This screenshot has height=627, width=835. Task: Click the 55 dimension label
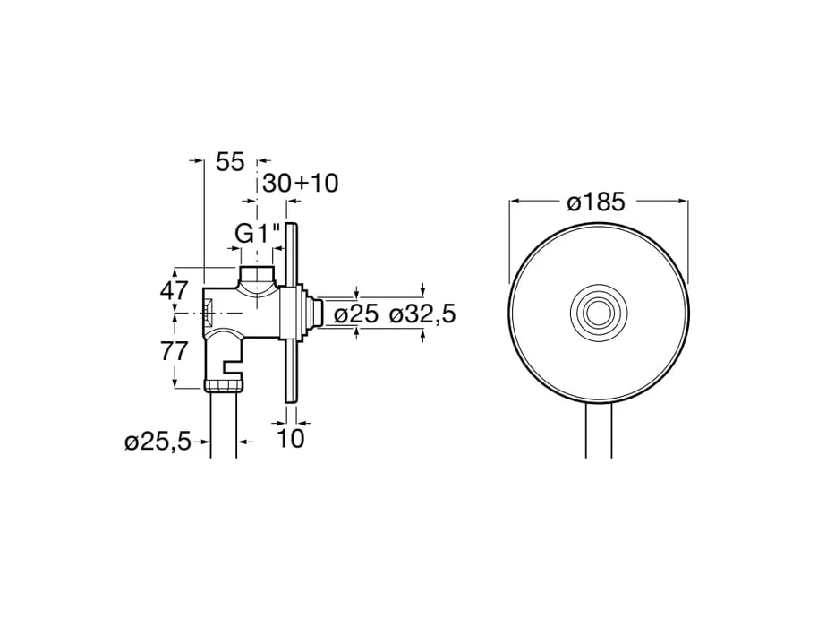coord(230,162)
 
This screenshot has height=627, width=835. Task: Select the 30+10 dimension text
coord(301,184)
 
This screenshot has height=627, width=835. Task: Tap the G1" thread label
coord(258,233)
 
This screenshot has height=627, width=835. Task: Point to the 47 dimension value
coord(175,290)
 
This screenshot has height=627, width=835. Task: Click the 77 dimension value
coord(175,351)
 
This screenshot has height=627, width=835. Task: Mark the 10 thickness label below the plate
coord(292,438)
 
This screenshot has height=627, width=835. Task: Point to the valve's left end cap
coord(209,312)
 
